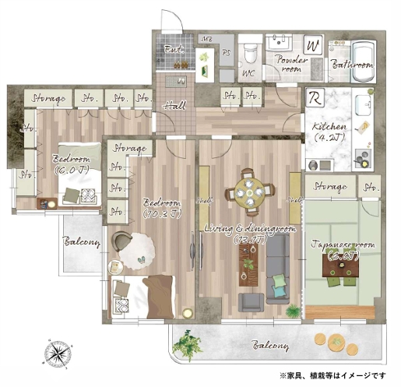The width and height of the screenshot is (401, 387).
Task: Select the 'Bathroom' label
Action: pyautogui.click(x=352, y=65)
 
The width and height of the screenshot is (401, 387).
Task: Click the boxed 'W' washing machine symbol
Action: pyautogui.click(x=314, y=46)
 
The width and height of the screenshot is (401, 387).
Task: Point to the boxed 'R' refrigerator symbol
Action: pyautogui.click(x=317, y=100)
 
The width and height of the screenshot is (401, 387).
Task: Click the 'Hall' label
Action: pyautogui.click(x=172, y=107)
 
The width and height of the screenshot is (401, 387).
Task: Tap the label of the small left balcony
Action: pyautogui.click(x=82, y=242)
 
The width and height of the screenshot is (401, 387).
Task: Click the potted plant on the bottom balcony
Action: pyautogui.click(x=187, y=342)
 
